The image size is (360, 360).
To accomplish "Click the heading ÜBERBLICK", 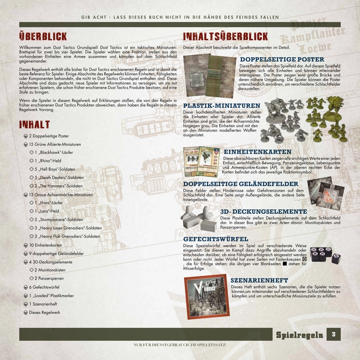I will tap(43, 36).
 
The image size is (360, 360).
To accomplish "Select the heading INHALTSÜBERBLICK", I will tap(226, 37).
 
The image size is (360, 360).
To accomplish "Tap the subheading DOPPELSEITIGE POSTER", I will tap(282, 59).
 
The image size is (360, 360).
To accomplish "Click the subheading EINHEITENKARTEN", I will tap(257, 152).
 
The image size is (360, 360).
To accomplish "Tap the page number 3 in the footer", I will tap(334, 334).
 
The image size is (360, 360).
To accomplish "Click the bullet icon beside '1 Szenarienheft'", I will tap(26, 304).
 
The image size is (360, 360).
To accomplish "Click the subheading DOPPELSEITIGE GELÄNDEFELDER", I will tap(240, 184).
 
